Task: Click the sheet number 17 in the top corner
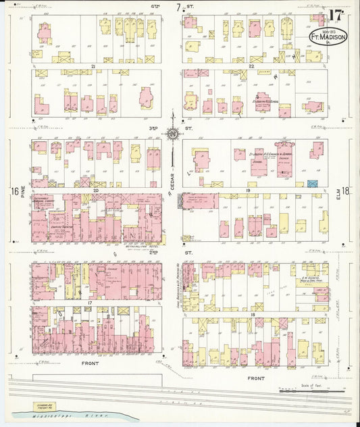tap(336, 16)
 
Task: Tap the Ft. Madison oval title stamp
tap(328, 36)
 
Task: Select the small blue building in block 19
tap(312, 183)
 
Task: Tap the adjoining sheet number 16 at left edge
tap(15, 191)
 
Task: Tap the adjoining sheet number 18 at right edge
tap(346, 191)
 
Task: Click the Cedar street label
tap(172, 177)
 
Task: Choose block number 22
tap(251, 66)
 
